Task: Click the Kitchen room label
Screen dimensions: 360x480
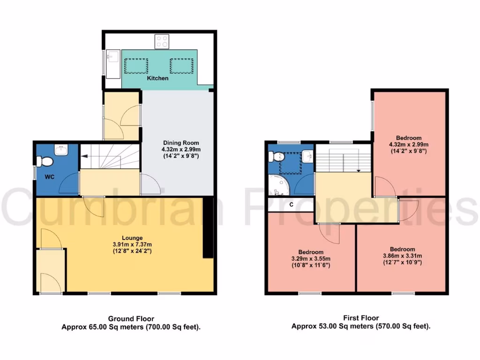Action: (157, 78)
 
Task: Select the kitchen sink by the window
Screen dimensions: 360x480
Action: (112, 64)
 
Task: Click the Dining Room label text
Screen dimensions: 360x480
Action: (181, 143)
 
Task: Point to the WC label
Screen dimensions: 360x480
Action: (51, 177)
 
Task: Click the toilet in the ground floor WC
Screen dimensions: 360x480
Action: (45, 162)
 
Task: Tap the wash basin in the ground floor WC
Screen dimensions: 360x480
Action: (61, 150)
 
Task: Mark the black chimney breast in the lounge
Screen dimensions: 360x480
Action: (208, 227)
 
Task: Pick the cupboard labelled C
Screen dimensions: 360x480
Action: (291, 204)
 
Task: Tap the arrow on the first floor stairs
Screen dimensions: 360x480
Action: (359, 171)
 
